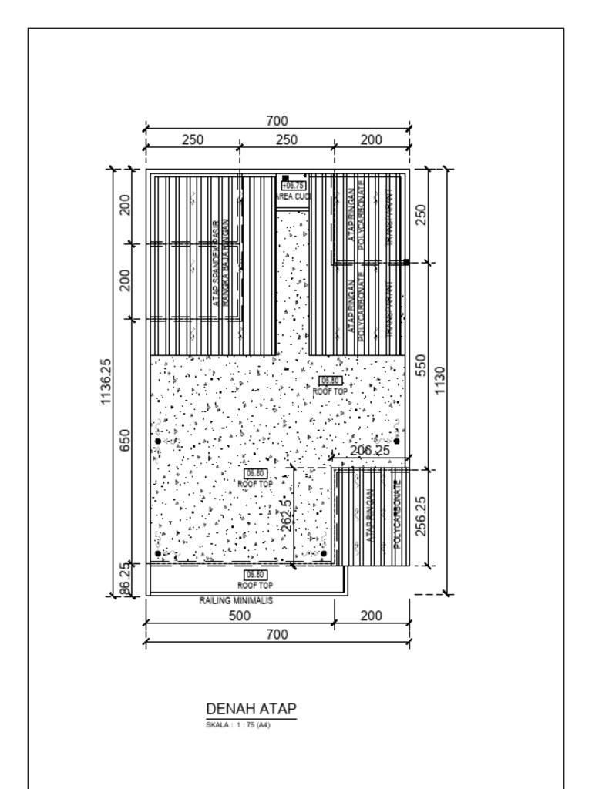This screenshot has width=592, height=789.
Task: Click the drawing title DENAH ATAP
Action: point(251,709)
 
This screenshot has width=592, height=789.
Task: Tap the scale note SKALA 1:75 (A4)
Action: point(238,724)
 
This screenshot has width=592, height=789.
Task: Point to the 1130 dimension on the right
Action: point(440,381)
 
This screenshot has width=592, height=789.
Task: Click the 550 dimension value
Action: point(422,365)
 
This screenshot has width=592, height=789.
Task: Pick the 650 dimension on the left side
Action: point(126,441)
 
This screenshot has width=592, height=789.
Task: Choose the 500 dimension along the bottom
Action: point(240,616)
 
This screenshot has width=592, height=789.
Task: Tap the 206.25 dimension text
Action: point(370,451)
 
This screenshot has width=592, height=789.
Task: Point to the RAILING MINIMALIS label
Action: point(236,600)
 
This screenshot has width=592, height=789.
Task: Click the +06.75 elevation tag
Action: point(294,186)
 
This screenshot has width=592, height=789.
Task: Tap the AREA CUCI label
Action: point(293,197)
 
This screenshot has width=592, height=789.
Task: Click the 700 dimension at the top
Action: point(277,121)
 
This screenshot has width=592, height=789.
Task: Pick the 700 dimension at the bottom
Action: point(277,634)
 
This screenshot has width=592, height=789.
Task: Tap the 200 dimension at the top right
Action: point(371,139)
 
